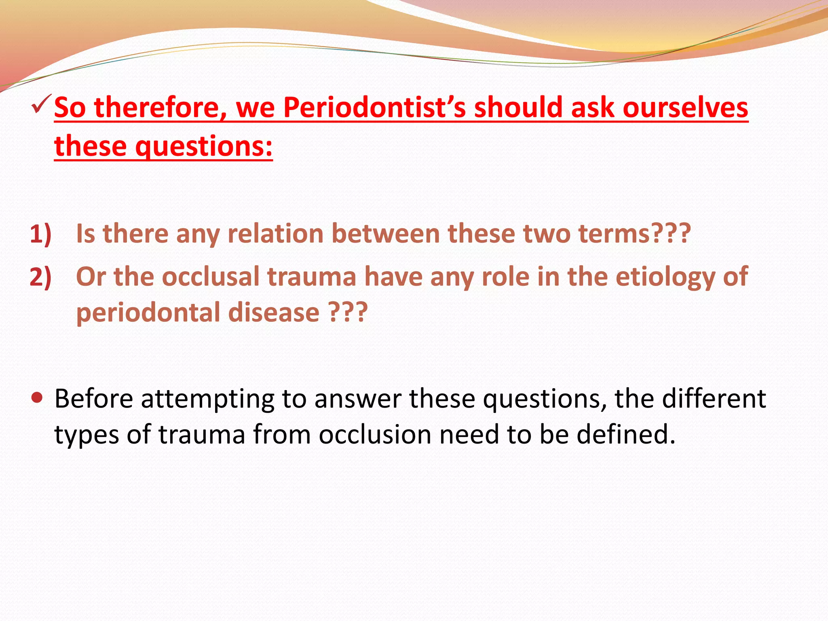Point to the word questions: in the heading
pos(204,146)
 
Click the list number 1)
pos(40,234)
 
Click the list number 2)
pos(40,277)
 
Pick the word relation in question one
pos(275,234)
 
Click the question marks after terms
pos(671,234)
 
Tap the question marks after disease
pos(348,313)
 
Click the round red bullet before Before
pos(37,398)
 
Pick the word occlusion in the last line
pos(375,435)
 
